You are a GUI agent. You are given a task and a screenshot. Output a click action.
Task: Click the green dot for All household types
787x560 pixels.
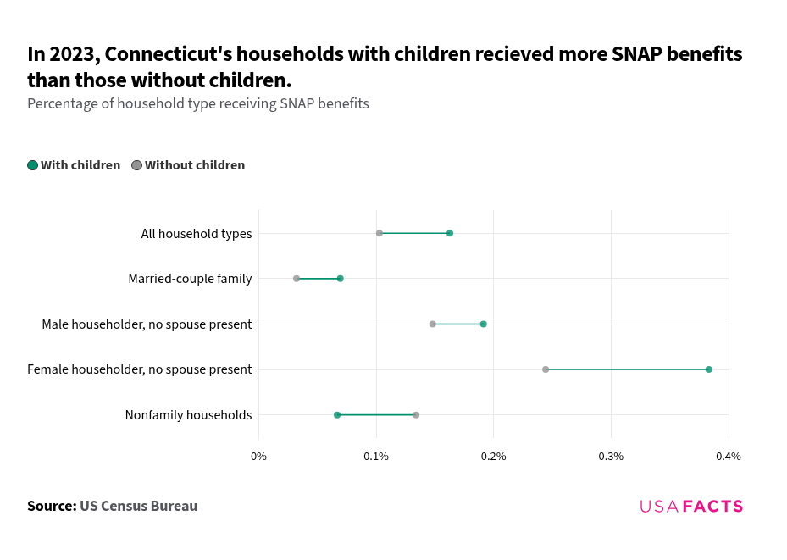[450, 233]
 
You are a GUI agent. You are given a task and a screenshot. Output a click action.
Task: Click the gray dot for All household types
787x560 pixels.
[380, 233]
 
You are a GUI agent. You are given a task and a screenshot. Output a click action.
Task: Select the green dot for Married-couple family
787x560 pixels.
[341, 279]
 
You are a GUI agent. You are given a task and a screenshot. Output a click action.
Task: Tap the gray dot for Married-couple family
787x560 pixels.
[297, 279]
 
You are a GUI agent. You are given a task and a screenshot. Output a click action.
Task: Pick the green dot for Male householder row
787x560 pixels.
[484, 324]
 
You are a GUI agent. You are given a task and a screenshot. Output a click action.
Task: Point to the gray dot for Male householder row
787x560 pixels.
[433, 324]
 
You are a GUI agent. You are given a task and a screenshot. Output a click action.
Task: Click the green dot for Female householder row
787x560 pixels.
[709, 369]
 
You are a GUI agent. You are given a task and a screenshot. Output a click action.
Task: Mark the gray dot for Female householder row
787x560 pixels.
[546, 369]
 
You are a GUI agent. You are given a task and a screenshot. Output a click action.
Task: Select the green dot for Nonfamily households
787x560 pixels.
[337, 415]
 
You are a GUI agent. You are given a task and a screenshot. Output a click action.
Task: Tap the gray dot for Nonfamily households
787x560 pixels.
[416, 415]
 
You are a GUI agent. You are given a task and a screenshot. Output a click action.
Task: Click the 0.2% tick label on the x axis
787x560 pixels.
[493, 457]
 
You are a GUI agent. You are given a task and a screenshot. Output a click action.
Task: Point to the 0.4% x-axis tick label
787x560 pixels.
[728, 457]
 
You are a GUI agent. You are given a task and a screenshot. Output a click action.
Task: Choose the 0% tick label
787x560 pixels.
[258, 457]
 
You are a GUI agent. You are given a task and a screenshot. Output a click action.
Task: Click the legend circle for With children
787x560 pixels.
[33, 165]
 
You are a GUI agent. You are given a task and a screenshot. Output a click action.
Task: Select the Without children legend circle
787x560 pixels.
[136, 165]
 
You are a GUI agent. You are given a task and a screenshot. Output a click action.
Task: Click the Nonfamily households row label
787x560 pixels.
[188, 415]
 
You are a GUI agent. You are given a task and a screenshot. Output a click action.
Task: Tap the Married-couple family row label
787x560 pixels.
[190, 279]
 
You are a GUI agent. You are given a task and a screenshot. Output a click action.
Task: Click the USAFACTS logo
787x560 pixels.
[691, 507]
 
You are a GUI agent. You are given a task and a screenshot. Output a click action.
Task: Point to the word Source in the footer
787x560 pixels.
[50, 507]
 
